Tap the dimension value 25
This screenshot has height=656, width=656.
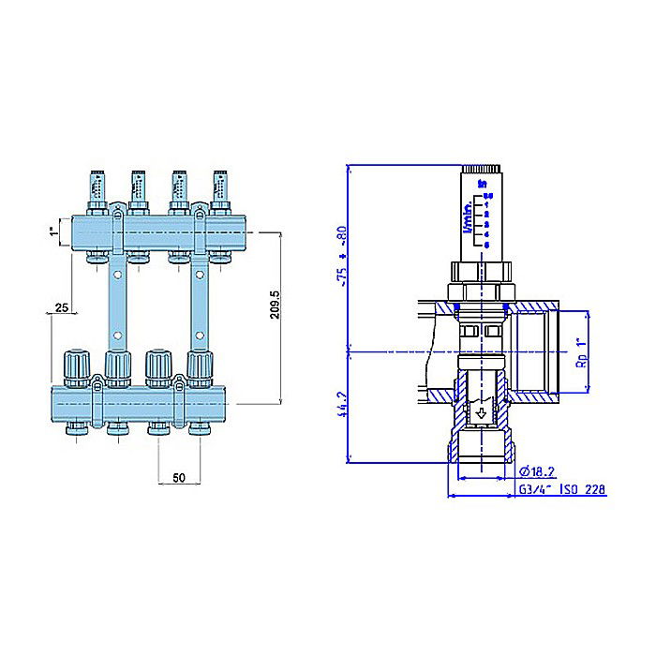[x=61, y=306]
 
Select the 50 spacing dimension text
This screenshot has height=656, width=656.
[x=179, y=478]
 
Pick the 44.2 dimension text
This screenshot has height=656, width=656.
[x=344, y=408]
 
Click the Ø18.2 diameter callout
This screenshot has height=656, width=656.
[x=538, y=470]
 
